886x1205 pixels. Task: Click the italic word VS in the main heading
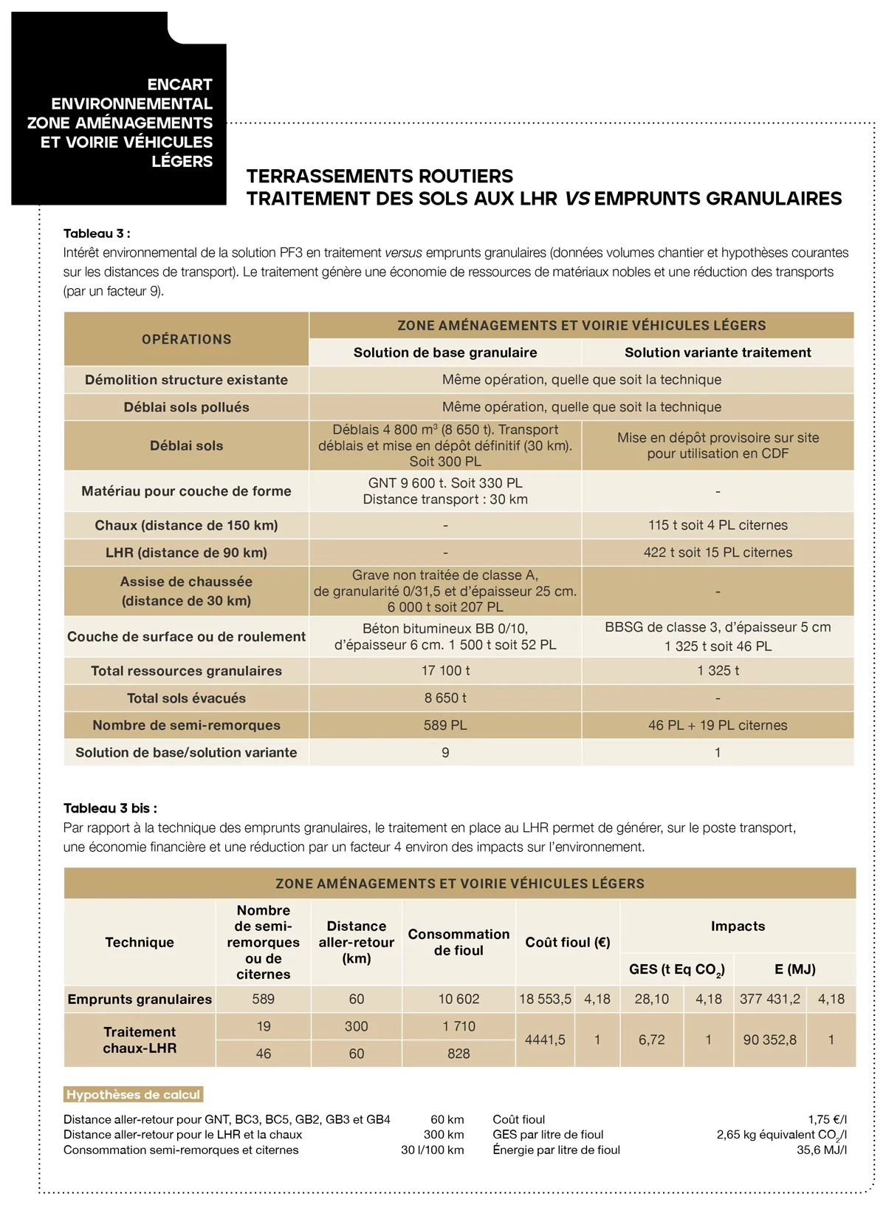[577, 199]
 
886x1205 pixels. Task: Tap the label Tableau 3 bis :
[110, 808]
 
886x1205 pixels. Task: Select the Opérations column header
[186, 339]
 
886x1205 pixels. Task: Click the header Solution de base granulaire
[445, 352]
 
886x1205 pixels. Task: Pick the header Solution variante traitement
[718, 352]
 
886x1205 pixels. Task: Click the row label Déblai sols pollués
[186, 407]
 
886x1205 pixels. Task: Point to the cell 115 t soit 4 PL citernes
[718, 525]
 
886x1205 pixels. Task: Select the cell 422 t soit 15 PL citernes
[718, 553]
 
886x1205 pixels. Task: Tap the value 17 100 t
[445, 671]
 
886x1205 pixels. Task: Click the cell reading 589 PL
[445, 726]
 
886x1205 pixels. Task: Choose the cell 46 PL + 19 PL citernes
[718, 726]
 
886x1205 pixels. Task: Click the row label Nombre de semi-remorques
[186, 726]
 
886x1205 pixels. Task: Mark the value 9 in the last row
[445, 753]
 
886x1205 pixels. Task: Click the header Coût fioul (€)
[567, 942]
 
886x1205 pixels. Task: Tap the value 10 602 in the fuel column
[459, 999]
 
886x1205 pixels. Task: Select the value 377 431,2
[769, 999]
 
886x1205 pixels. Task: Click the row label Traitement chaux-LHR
[140, 1040]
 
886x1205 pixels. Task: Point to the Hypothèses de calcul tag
[133, 1095]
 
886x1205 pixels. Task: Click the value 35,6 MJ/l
[821, 1150]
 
